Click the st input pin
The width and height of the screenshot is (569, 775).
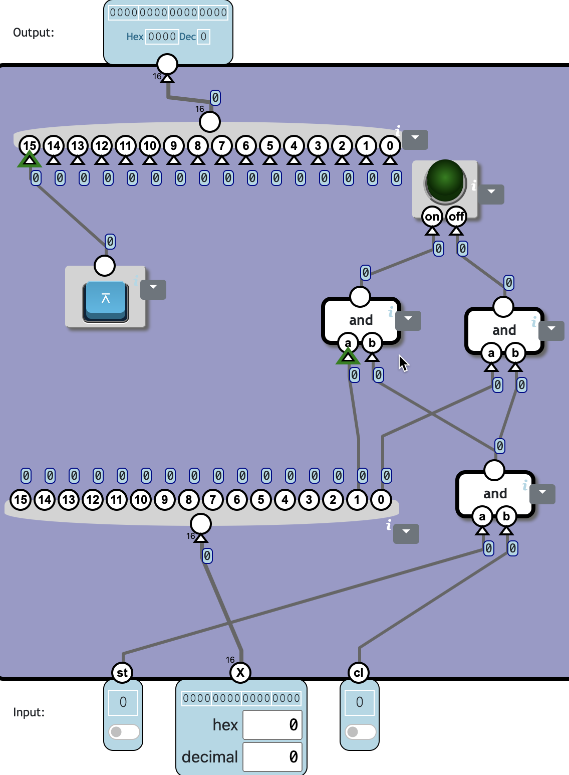pos(122,672)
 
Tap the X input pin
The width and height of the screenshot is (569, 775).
pos(240,672)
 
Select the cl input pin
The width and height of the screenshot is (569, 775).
pos(359,672)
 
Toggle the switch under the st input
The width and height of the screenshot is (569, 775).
pos(124,732)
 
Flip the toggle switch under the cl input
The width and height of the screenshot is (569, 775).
pos(360,732)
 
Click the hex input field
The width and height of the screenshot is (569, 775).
pos(272,725)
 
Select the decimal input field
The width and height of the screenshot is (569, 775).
pos(272,757)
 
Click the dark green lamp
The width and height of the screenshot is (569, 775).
pos(445,180)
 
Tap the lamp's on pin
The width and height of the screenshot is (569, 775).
pos(432,217)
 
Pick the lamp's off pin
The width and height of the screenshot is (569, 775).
pos(456,217)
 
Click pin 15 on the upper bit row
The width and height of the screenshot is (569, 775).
pos(30,146)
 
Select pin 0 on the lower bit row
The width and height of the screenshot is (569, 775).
pos(381,499)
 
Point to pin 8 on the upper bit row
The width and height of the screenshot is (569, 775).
pos(198,146)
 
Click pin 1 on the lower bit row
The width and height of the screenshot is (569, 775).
pos(357,499)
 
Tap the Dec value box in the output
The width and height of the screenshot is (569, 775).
pos(203,37)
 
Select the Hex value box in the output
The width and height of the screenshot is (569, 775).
pos(162,37)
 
